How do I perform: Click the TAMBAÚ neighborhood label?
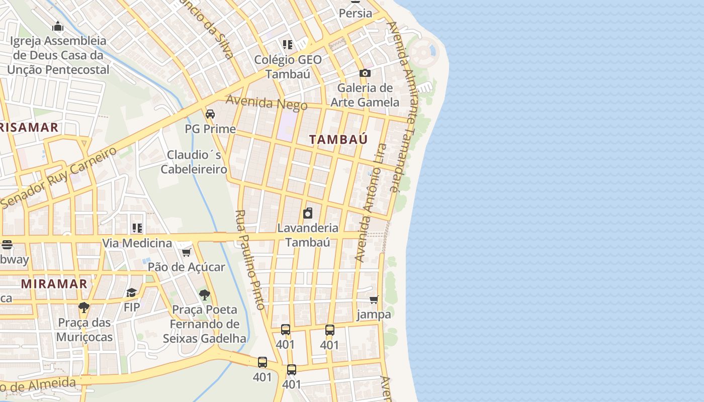[x=338, y=139]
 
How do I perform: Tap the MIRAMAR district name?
[x=54, y=283]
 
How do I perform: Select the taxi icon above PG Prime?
[x=210, y=114]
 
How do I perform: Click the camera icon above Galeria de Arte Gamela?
[x=365, y=73]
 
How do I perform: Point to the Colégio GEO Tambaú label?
[x=288, y=66]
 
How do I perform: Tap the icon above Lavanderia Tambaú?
[x=308, y=213]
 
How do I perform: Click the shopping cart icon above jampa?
[x=374, y=300]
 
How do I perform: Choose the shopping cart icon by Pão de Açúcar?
[x=187, y=252]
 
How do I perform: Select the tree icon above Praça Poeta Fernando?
[x=204, y=294]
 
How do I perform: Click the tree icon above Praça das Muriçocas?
[x=84, y=307]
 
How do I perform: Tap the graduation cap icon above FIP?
[x=131, y=292]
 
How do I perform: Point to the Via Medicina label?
[x=137, y=243]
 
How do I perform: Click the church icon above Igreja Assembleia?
[x=58, y=26]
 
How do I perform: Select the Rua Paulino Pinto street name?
[x=250, y=259]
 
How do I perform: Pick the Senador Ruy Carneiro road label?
[x=59, y=177]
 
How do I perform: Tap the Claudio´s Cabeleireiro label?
[x=194, y=162]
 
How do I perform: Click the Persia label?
[x=356, y=14]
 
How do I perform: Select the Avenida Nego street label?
[x=267, y=103]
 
